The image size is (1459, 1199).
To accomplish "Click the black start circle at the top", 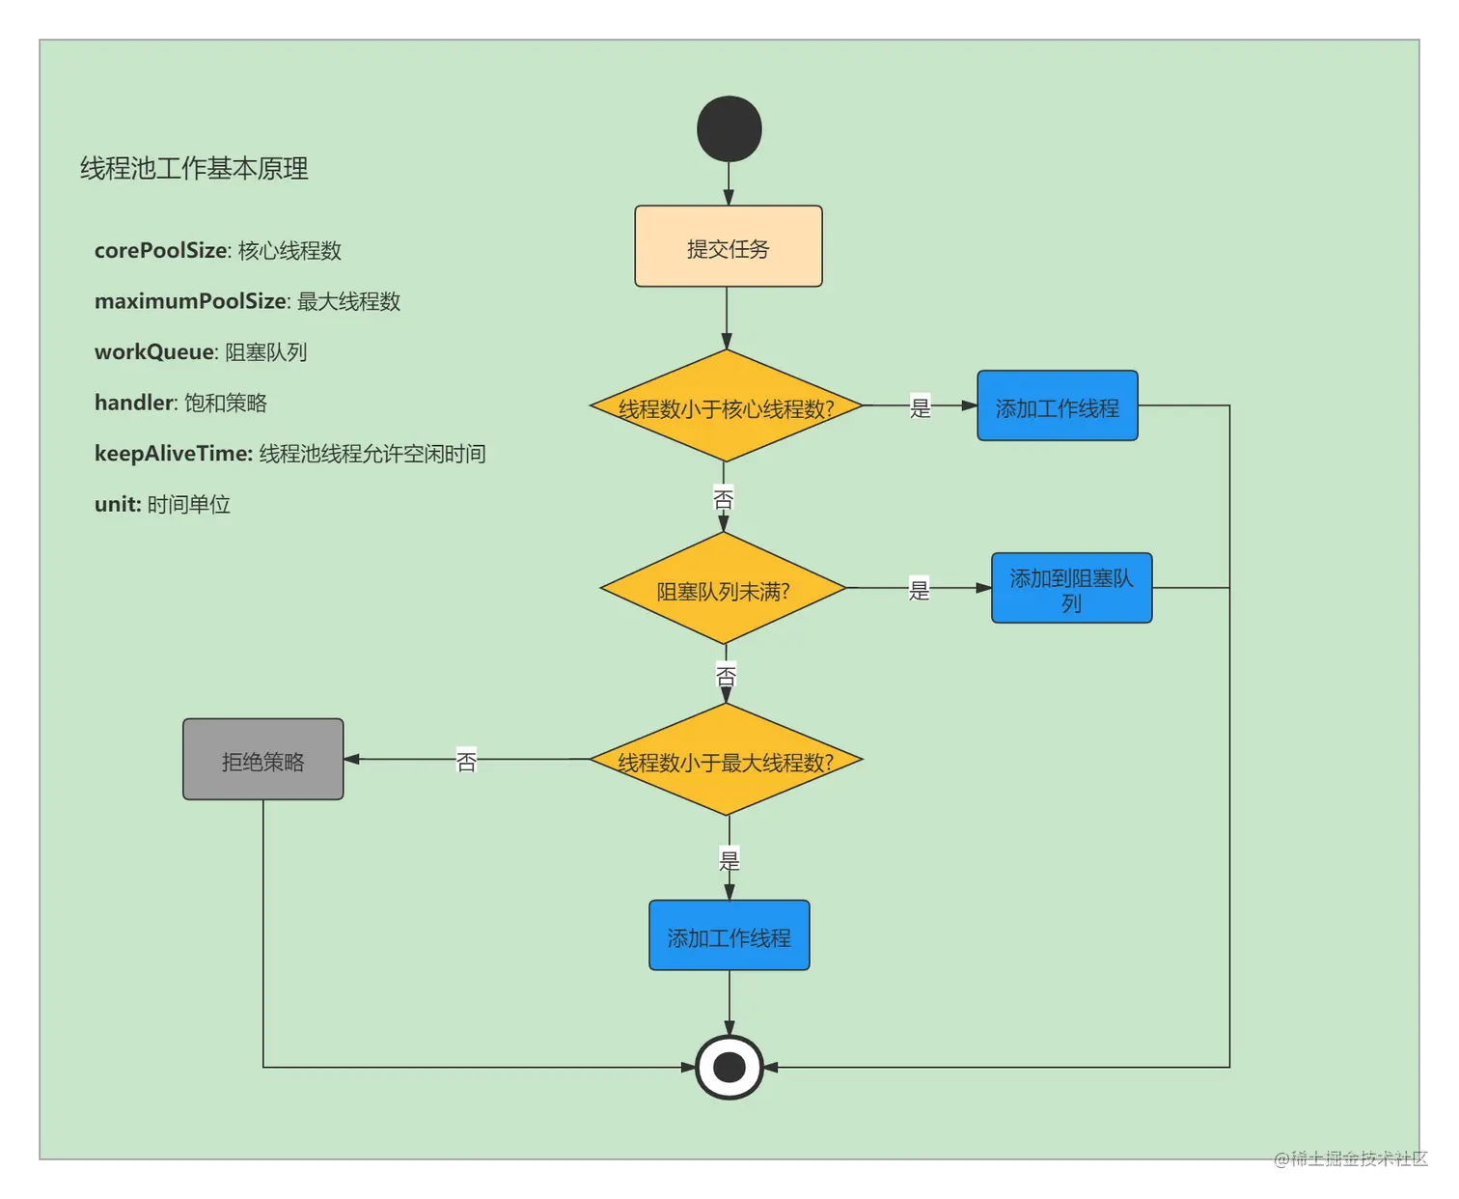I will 729,129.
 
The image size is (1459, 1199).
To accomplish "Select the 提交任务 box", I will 729,247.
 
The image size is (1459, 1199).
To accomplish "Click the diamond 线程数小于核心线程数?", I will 726,406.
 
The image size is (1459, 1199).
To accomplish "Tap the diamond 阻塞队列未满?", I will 724,589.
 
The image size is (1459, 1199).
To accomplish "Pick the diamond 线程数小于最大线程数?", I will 726,761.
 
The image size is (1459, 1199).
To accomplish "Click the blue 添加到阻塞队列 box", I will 1071,589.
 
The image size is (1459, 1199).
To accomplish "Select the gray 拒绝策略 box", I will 263,760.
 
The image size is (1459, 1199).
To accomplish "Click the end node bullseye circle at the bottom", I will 729,1068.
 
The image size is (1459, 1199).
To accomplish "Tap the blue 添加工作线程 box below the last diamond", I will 729,936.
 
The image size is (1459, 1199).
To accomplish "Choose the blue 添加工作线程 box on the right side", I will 1057,406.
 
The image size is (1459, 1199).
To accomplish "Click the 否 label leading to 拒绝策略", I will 466,762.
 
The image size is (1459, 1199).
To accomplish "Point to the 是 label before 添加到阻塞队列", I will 919,589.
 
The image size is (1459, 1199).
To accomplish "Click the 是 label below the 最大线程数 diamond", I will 729,859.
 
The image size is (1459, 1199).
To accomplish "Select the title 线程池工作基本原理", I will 194,169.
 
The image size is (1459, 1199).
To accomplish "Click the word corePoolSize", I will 160,251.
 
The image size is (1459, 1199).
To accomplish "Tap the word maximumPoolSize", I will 190,302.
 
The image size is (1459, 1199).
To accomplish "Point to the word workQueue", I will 153,352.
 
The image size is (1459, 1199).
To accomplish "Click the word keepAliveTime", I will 173,454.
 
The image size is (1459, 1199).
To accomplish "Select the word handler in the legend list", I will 134,403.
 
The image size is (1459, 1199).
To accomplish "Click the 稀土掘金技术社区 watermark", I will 1350,1157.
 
